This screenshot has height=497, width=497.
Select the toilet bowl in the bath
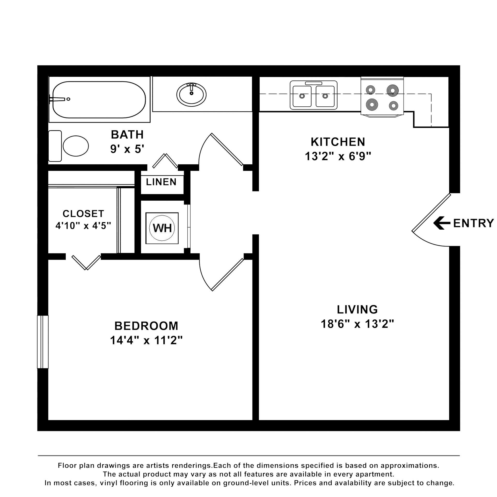(76, 146)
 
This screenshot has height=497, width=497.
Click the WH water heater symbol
(162, 228)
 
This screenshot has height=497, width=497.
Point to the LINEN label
(161, 182)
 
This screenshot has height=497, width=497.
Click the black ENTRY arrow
(442, 223)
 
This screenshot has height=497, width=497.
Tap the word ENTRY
(474, 223)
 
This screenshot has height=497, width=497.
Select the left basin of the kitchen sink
(302, 96)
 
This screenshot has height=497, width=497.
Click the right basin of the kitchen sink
(325, 96)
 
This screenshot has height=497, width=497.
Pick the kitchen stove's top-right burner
(392, 90)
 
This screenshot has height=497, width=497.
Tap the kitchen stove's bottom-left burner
(372, 105)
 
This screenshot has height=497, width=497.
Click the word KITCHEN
(338, 142)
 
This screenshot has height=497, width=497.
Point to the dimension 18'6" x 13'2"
(357, 324)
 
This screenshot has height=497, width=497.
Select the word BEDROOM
(146, 326)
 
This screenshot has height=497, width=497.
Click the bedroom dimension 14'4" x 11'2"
(147, 340)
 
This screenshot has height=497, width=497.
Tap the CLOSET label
(83, 214)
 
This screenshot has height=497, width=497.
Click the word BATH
(127, 135)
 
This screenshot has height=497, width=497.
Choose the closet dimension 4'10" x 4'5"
(83, 225)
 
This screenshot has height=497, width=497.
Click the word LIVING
(357, 310)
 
